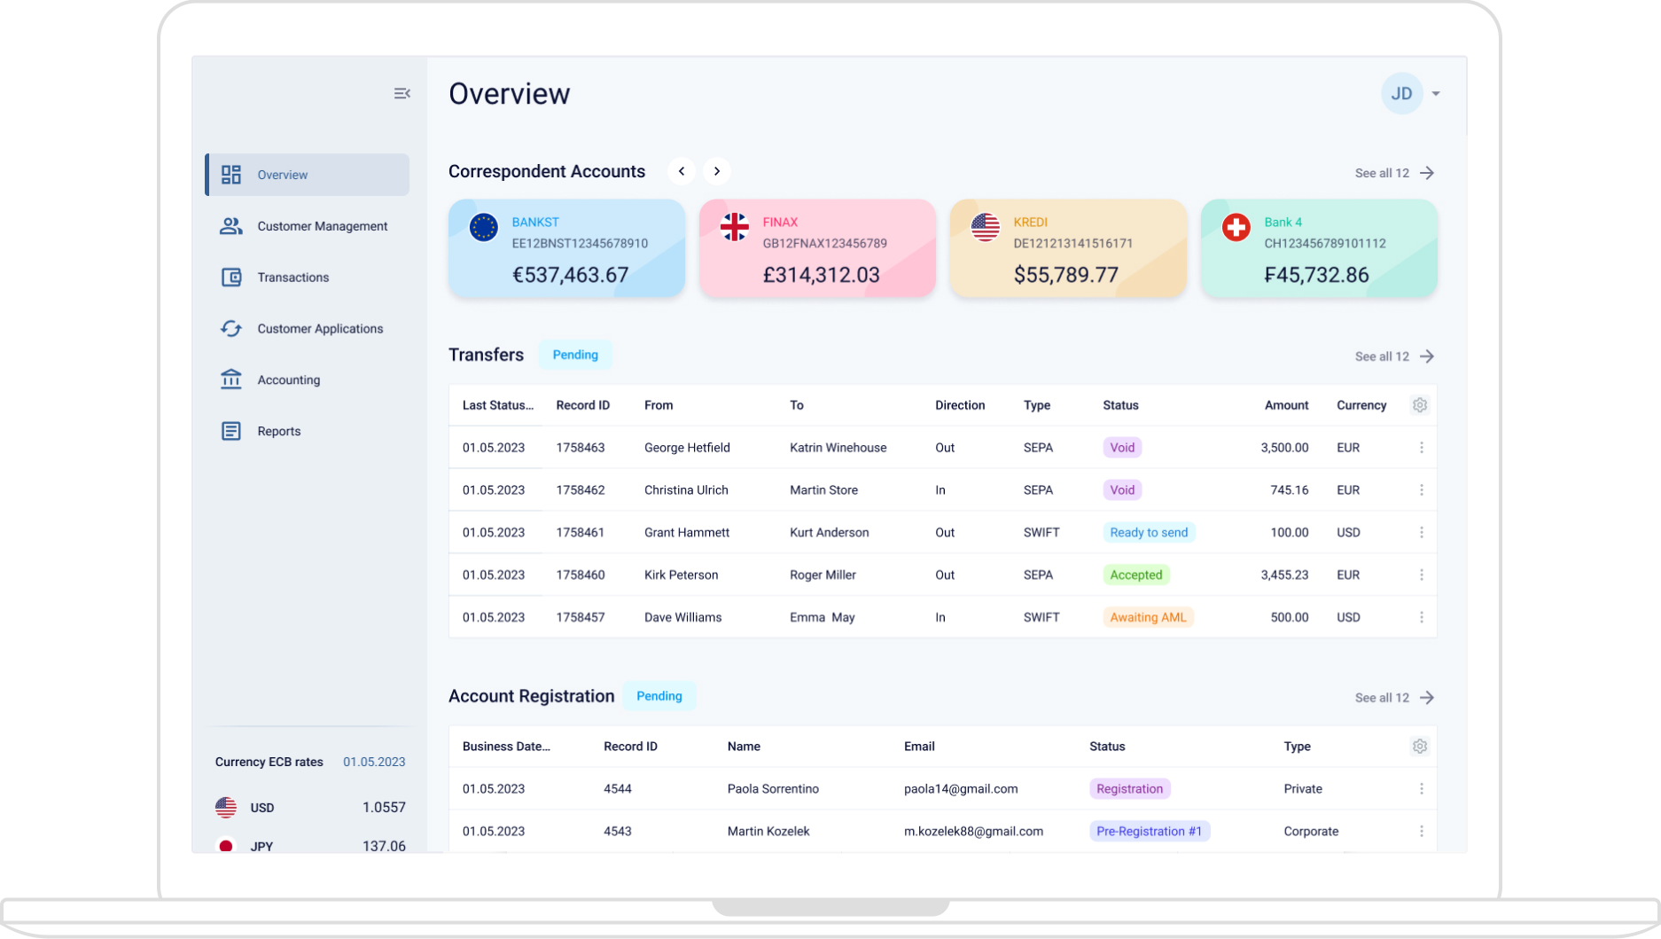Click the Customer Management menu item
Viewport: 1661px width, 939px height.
(322, 226)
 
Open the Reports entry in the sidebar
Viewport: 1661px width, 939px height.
(278, 431)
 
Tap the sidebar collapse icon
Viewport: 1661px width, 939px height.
(402, 93)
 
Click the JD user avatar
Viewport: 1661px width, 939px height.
(1401, 94)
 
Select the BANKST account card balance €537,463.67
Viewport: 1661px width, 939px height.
(570, 275)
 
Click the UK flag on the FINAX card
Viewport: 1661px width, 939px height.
(734, 227)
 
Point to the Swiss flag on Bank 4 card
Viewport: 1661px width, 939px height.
(1236, 227)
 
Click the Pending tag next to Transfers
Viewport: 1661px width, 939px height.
(575, 355)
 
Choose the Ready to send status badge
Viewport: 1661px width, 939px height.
(1148, 532)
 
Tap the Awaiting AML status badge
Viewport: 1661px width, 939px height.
(1147, 617)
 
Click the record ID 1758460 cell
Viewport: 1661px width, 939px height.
(580, 575)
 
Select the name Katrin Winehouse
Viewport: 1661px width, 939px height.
(838, 448)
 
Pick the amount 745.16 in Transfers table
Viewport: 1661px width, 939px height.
(1289, 489)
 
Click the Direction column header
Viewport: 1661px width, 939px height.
(959, 405)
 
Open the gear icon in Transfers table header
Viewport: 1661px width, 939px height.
(1419, 405)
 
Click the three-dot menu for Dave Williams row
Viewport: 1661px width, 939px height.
(1421, 617)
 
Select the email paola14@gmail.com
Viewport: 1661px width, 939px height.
(960, 788)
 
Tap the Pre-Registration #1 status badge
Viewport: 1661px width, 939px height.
(1149, 831)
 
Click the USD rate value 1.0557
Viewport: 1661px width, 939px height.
(384, 807)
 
